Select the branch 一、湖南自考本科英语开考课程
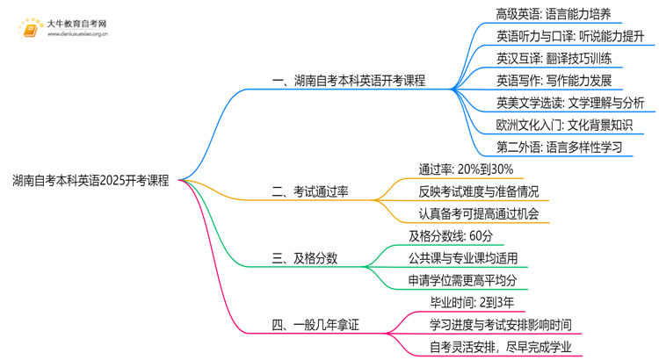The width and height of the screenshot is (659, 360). click(349, 81)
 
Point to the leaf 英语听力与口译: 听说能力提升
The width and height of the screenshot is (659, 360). click(570, 37)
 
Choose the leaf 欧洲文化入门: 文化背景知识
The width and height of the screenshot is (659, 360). click(563, 126)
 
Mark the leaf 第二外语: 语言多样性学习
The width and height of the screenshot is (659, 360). click(559, 148)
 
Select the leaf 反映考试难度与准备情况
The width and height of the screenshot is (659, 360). click(479, 191)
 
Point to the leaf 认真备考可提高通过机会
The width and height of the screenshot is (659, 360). click(479, 213)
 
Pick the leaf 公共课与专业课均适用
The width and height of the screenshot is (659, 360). click(463, 258)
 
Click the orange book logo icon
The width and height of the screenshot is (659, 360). click(31, 31)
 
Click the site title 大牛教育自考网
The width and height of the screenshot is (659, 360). click(76, 24)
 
